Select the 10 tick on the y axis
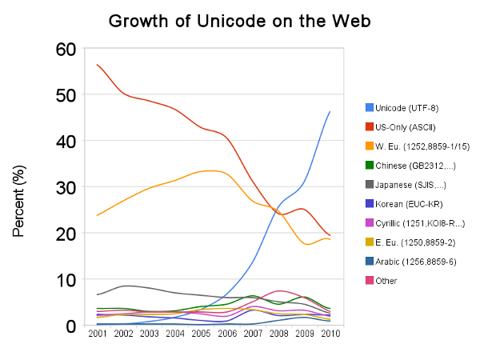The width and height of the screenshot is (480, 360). (x=66, y=281)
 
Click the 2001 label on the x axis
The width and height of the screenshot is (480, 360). (x=97, y=334)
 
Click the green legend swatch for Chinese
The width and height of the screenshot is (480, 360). (x=370, y=165)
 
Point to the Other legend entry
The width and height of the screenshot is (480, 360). (x=386, y=280)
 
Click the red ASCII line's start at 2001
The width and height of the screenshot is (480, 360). (x=97, y=65)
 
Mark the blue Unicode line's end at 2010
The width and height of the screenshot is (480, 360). (x=330, y=111)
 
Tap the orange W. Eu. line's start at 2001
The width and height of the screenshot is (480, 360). (x=97, y=215)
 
